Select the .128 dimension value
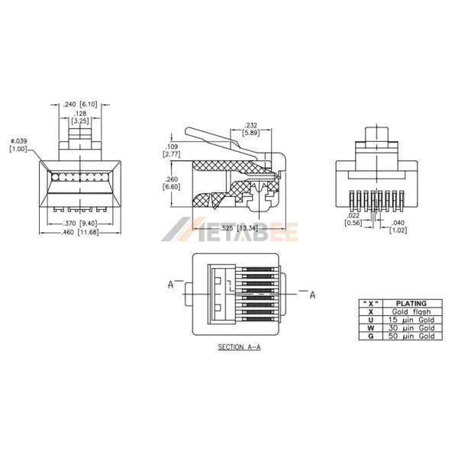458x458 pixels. click(80, 113)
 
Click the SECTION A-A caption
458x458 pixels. click(239, 347)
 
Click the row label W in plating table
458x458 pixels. click(370, 327)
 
